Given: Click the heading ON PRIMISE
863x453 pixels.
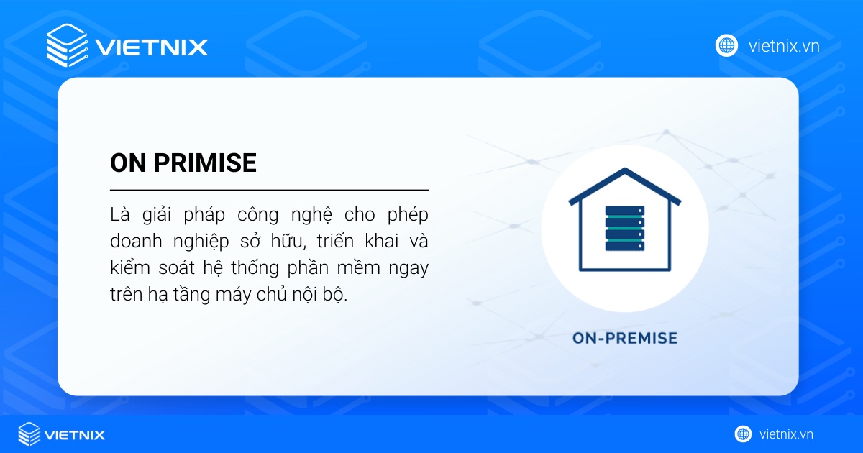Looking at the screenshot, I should [x=183, y=163].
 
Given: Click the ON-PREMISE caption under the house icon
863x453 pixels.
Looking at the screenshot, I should [x=624, y=337].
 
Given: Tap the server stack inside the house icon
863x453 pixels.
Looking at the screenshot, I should [x=624, y=229].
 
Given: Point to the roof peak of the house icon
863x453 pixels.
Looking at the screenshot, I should [x=624, y=171].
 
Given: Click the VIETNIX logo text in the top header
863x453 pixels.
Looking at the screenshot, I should [x=152, y=47].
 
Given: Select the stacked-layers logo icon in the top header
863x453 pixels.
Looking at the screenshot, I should [x=66, y=45].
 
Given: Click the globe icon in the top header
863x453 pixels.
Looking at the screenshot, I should [x=727, y=45].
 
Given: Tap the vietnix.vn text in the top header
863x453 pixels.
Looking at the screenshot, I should [x=784, y=46].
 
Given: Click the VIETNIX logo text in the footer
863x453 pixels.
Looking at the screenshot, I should [x=75, y=434].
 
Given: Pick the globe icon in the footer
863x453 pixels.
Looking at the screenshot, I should [x=743, y=434].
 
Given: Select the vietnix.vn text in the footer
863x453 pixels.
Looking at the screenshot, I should [x=786, y=434].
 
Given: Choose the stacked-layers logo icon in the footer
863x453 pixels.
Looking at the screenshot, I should [x=29, y=434].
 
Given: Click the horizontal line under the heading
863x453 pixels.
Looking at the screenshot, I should [x=269, y=191].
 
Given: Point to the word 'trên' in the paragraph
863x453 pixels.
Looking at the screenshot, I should [x=127, y=296].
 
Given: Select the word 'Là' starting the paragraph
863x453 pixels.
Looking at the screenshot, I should [x=119, y=214].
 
